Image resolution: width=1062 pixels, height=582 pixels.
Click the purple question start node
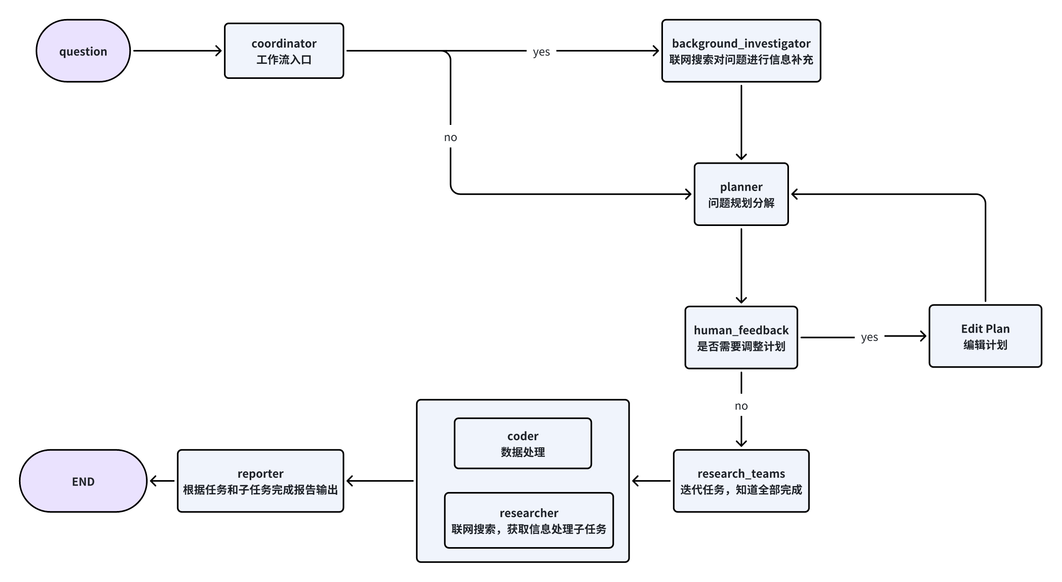[83, 51]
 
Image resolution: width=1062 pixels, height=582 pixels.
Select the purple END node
[83, 481]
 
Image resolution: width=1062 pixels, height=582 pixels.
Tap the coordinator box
[284, 51]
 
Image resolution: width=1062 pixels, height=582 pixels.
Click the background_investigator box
[741, 51]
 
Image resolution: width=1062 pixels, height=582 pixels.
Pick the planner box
[741, 194]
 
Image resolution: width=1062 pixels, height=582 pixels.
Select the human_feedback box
[741, 337]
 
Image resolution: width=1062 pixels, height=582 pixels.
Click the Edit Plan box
[985, 336]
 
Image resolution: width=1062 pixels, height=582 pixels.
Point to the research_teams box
[741, 481]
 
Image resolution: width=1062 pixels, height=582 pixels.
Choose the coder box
[522, 443]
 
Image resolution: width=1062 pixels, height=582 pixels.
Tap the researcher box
[529, 520]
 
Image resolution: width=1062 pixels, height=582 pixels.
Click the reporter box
[260, 481]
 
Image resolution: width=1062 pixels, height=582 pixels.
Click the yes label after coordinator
[541, 52]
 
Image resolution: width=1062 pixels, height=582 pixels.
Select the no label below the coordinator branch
[450, 137]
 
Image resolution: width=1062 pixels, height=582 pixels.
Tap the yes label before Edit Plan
[869, 337]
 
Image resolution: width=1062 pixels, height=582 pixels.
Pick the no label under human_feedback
[741, 406]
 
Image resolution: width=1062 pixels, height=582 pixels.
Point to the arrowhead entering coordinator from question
[219, 51]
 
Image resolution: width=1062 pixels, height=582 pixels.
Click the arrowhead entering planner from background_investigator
[741, 157]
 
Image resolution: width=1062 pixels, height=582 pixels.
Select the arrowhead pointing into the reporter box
[350, 481]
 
